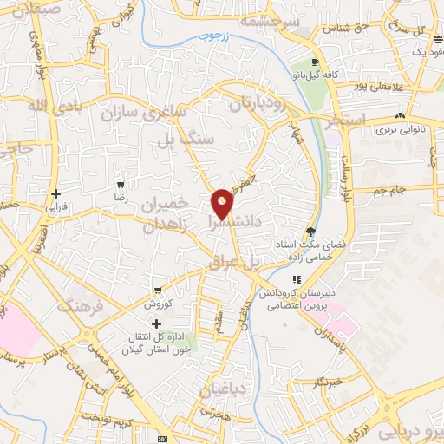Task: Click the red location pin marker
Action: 222,203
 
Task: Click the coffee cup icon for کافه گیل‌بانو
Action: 315,62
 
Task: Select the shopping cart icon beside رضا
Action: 121,184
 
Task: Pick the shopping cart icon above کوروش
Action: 157,291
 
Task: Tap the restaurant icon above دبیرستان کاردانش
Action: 297,279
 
